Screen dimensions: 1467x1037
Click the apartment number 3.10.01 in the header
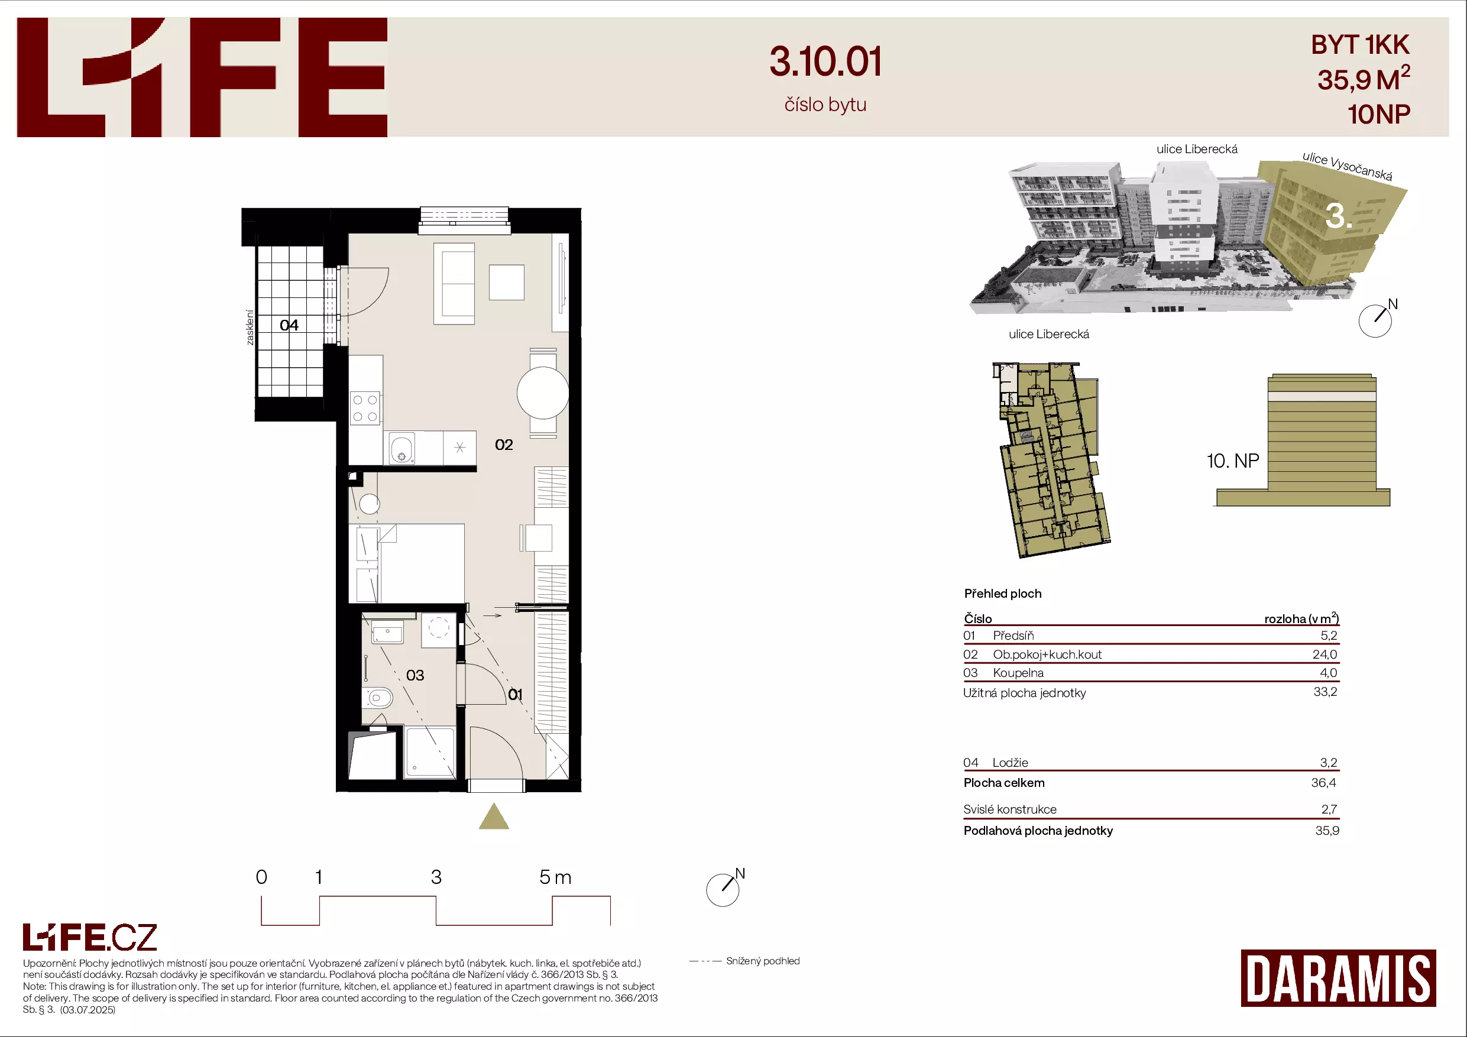coord(825,62)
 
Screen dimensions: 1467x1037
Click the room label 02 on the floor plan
coord(503,445)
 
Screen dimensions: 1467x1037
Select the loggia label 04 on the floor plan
coord(289,325)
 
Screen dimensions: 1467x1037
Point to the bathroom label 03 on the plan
coord(414,675)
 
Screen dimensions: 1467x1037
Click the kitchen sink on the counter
coord(402,448)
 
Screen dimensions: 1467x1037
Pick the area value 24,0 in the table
coord(1324,654)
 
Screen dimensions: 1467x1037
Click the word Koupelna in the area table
coord(1018,673)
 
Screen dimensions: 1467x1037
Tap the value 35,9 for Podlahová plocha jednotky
coord(1327,831)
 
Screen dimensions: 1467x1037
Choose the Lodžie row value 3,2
coord(1329,762)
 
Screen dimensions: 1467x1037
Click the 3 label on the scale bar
coord(436,877)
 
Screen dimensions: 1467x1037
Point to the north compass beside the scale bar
coord(723,889)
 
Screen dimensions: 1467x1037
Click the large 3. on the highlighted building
coord(1339,216)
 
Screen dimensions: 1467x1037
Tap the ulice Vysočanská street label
coord(1348,166)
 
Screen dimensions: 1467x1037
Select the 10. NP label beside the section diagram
coord(1232,461)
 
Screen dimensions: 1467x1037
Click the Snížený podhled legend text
coord(763,961)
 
